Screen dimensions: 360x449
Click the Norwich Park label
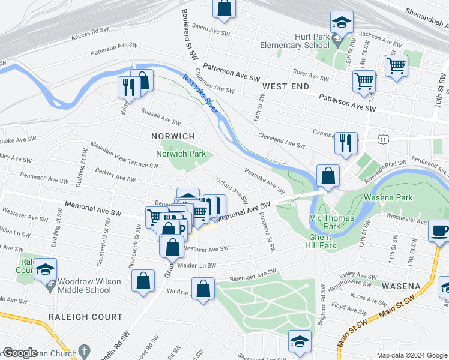(x=181, y=154)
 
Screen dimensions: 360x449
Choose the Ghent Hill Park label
(x=319, y=241)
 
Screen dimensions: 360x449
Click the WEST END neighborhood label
(x=286, y=86)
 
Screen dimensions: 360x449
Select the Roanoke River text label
(x=200, y=93)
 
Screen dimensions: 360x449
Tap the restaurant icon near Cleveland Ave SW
(x=346, y=143)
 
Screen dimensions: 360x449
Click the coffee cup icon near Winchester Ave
(x=439, y=231)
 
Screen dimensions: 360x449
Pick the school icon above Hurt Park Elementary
(x=342, y=23)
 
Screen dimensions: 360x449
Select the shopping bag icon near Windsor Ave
(x=203, y=288)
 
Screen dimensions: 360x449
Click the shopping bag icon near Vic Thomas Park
(x=328, y=176)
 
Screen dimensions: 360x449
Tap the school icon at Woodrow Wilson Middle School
(x=45, y=269)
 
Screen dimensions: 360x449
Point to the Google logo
(x=20, y=353)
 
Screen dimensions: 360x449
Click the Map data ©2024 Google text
(x=411, y=355)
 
